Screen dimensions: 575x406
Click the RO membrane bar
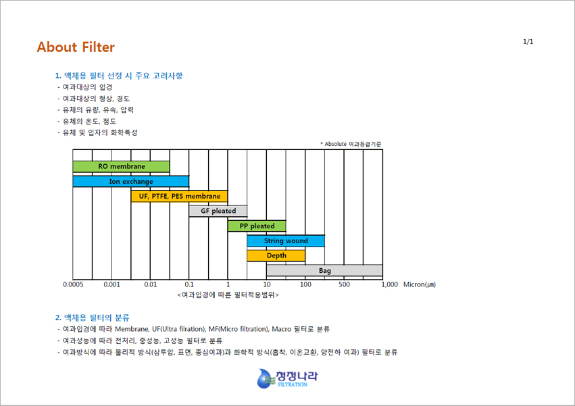[121, 166]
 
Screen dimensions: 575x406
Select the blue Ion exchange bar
[131, 181]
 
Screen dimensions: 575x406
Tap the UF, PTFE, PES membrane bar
[179, 196]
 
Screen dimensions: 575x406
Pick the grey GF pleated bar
[218, 211]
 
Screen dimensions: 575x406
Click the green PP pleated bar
[257, 226]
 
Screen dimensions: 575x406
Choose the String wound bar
[286, 240]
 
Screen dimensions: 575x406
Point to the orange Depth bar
[276, 255]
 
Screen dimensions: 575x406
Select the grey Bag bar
[324, 270]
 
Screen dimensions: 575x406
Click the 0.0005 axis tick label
[73, 284]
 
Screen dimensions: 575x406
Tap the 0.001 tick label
[111, 284]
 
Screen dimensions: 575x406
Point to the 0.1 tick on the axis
[189, 284]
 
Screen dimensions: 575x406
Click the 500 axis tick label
[344, 284]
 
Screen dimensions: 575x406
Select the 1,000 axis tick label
[389, 284]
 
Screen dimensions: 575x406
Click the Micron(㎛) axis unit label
[420, 284]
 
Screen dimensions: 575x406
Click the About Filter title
[76, 47]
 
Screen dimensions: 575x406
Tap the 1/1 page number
[528, 41]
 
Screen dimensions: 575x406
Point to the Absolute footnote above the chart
[351, 144]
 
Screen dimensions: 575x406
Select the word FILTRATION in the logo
[293, 384]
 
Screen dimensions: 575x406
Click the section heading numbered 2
[93, 318]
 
